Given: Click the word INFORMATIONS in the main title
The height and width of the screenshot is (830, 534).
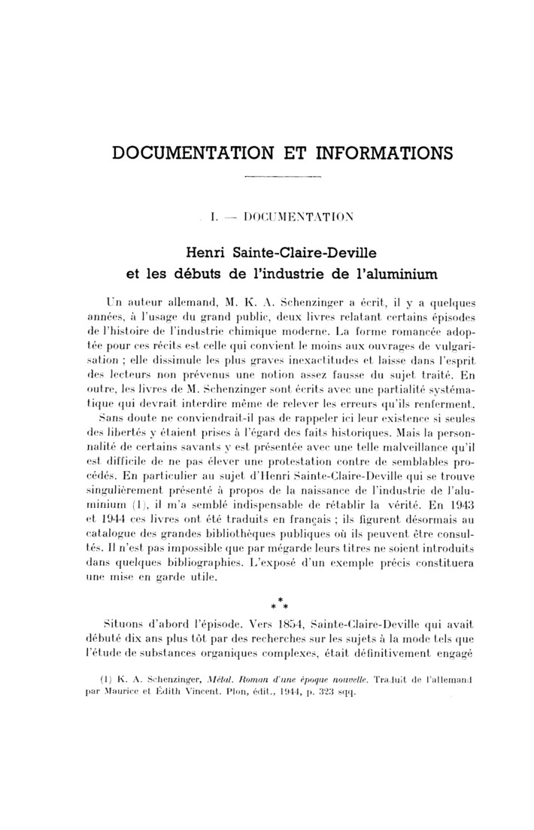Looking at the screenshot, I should pos(374,154).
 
